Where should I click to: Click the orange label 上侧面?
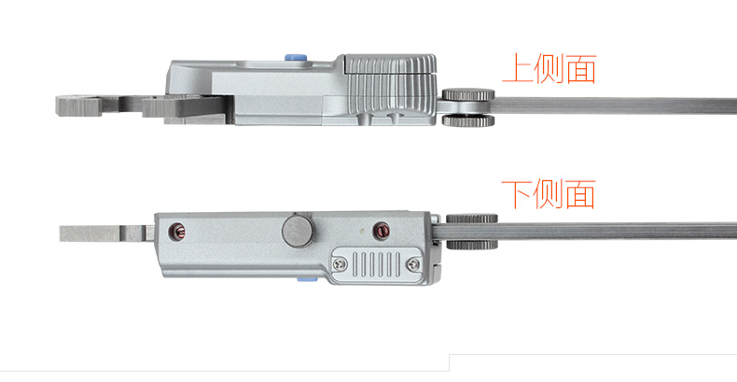coord(549,69)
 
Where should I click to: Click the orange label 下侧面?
coord(549,194)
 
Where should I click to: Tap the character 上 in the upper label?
coord(517,69)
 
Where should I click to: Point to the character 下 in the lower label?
coord(517,194)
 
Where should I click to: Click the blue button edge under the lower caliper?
coord(308,279)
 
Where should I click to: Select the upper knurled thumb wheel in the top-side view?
coord(468,94)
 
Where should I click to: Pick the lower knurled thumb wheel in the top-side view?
coord(468,120)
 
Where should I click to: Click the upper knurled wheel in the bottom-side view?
coord(471,219)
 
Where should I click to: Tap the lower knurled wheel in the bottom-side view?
coord(471,245)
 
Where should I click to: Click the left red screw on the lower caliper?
coord(176,231)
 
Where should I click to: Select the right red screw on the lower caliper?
coord(381,231)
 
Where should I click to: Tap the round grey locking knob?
coord(299,230)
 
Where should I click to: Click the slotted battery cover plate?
coord(377,264)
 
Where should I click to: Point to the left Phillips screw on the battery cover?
coord(341,264)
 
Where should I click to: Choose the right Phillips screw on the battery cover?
coord(413,264)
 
